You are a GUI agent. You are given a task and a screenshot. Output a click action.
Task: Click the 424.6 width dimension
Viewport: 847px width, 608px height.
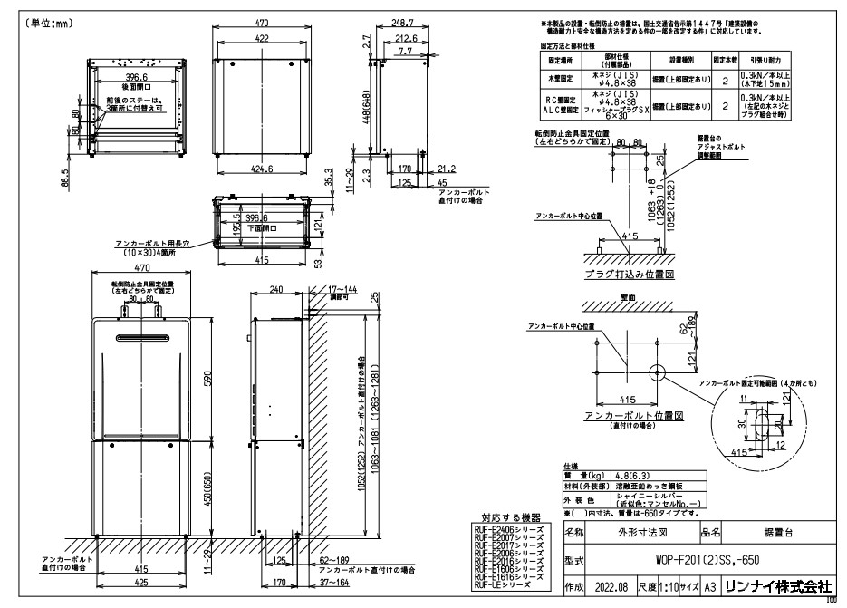point(258,169)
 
